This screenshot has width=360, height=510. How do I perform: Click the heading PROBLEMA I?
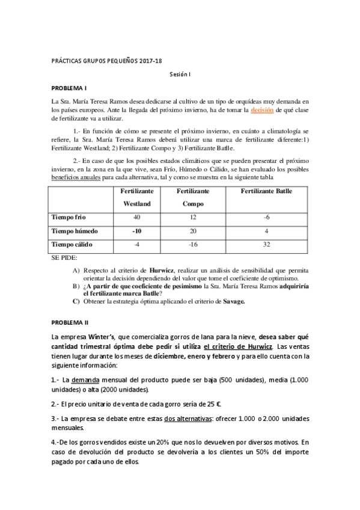point(69,88)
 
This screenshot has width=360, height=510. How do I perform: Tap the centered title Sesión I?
point(180,74)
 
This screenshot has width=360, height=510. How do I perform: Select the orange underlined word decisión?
point(263,111)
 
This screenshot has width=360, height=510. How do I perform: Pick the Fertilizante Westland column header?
point(136,198)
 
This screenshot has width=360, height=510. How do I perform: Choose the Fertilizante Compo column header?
point(192,198)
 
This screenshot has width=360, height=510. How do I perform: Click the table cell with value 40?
point(136,217)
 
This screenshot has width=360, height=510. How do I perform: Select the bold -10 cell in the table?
point(136,231)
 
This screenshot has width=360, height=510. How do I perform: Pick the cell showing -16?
point(192,245)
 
